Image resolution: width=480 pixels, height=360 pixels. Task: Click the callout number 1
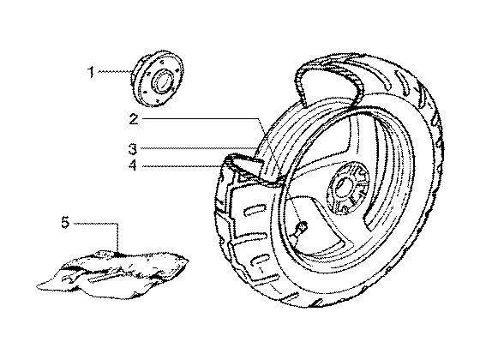pyautogui.click(x=91, y=72)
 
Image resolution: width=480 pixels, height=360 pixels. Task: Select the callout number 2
pyautogui.click(x=134, y=119)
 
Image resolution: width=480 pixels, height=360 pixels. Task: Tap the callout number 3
pyautogui.click(x=133, y=149)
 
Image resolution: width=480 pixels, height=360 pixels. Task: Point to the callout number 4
pyautogui.click(x=133, y=165)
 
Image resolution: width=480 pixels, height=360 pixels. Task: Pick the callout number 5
pyautogui.click(x=65, y=222)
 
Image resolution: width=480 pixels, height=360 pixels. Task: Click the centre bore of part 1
pyautogui.click(x=162, y=81)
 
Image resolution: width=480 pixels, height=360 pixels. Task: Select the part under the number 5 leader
pyautogui.click(x=112, y=273)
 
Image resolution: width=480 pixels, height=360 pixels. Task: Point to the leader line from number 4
pyautogui.click(x=183, y=166)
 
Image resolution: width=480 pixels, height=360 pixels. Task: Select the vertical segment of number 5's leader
pyautogui.click(x=117, y=237)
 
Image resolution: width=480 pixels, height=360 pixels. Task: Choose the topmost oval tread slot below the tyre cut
pyautogui.click(x=254, y=210)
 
